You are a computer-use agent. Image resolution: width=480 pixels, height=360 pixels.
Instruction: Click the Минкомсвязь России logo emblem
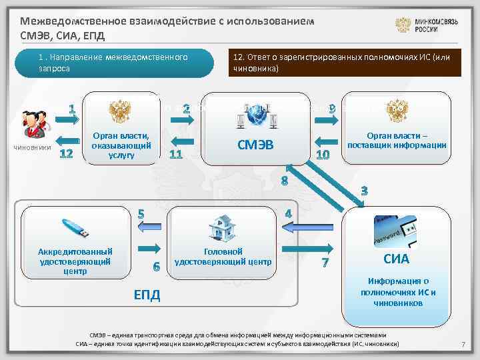pos(404,26)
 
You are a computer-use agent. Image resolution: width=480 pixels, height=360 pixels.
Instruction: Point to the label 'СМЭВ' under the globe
pos(256,146)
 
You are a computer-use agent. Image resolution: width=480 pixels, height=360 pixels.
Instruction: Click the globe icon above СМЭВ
pos(256,116)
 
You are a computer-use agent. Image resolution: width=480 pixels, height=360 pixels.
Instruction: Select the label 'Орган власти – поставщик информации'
pos(397,141)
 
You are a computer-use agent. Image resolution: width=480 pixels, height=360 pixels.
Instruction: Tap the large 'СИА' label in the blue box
pos(396,259)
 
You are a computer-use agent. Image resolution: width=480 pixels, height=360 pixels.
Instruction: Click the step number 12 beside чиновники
pos(65,155)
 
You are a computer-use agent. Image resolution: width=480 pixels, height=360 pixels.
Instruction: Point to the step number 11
pos(176,155)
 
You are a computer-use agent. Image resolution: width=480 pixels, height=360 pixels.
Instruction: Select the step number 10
pos(323,155)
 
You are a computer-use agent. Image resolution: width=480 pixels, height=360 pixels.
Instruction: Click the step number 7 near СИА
pos(325,263)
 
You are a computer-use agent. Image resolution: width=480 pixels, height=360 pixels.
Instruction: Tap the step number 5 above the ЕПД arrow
pos(141,215)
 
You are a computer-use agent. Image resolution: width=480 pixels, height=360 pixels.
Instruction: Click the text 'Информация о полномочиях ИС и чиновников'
pos(398,292)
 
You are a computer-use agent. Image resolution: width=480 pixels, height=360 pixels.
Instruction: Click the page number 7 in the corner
pos(462,343)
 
